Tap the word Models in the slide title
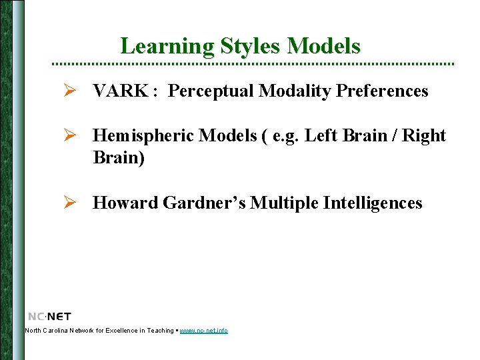(324, 46)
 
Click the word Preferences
(382, 91)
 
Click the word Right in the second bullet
(424, 136)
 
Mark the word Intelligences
(373, 203)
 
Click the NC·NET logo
(49, 316)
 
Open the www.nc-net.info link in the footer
(203, 331)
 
